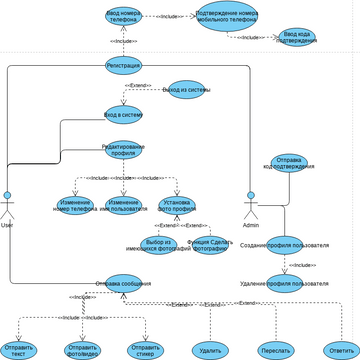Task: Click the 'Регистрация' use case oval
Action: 123,65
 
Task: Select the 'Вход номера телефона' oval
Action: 123,16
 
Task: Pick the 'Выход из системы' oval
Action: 185,89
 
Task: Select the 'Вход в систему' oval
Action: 123,114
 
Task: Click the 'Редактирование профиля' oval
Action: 123,150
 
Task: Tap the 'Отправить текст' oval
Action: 19,350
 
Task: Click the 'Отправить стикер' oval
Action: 146,350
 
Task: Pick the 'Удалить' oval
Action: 210,350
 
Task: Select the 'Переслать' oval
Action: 275,350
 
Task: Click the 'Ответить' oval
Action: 339,350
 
